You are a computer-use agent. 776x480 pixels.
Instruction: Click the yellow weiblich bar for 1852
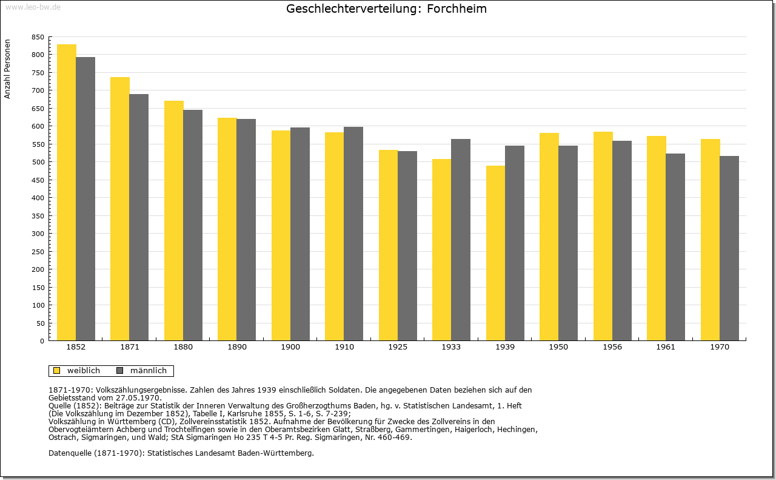click(x=67, y=192)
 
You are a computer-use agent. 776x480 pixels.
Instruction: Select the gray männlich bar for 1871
click(x=139, y=217)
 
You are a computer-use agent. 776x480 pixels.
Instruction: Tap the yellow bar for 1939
click(x=496, y=253)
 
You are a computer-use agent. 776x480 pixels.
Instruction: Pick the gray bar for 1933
click(x=461, y=240)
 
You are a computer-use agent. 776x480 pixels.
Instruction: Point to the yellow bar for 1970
click(x=711, y=240)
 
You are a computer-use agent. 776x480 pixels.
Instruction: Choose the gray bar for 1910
click(x=353, y=234)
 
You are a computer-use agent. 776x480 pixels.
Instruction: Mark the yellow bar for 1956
click(x=603, y=236)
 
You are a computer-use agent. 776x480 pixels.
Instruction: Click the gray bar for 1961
click(x=675, y=248)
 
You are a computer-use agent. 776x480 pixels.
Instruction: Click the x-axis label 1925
click(x=398, y=347)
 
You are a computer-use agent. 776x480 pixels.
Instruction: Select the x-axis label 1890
click(x=237, y=347)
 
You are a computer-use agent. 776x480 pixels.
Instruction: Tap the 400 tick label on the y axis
click(x=38, y=198)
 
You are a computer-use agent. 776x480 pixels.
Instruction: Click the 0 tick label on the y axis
click(x=42, y=341)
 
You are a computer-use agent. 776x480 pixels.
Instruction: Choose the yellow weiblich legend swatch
click(x=57, y=371)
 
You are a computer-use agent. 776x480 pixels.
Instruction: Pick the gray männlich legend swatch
click(x=120, y=371)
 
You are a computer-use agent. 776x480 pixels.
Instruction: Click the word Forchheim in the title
click(x=457, y=8)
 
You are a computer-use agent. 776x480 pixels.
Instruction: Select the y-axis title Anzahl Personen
click(x=7, y=69)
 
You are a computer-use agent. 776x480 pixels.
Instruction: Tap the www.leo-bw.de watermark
click(x=33, y=7)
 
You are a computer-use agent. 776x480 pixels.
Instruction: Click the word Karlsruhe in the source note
click(x=245, y=414)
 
